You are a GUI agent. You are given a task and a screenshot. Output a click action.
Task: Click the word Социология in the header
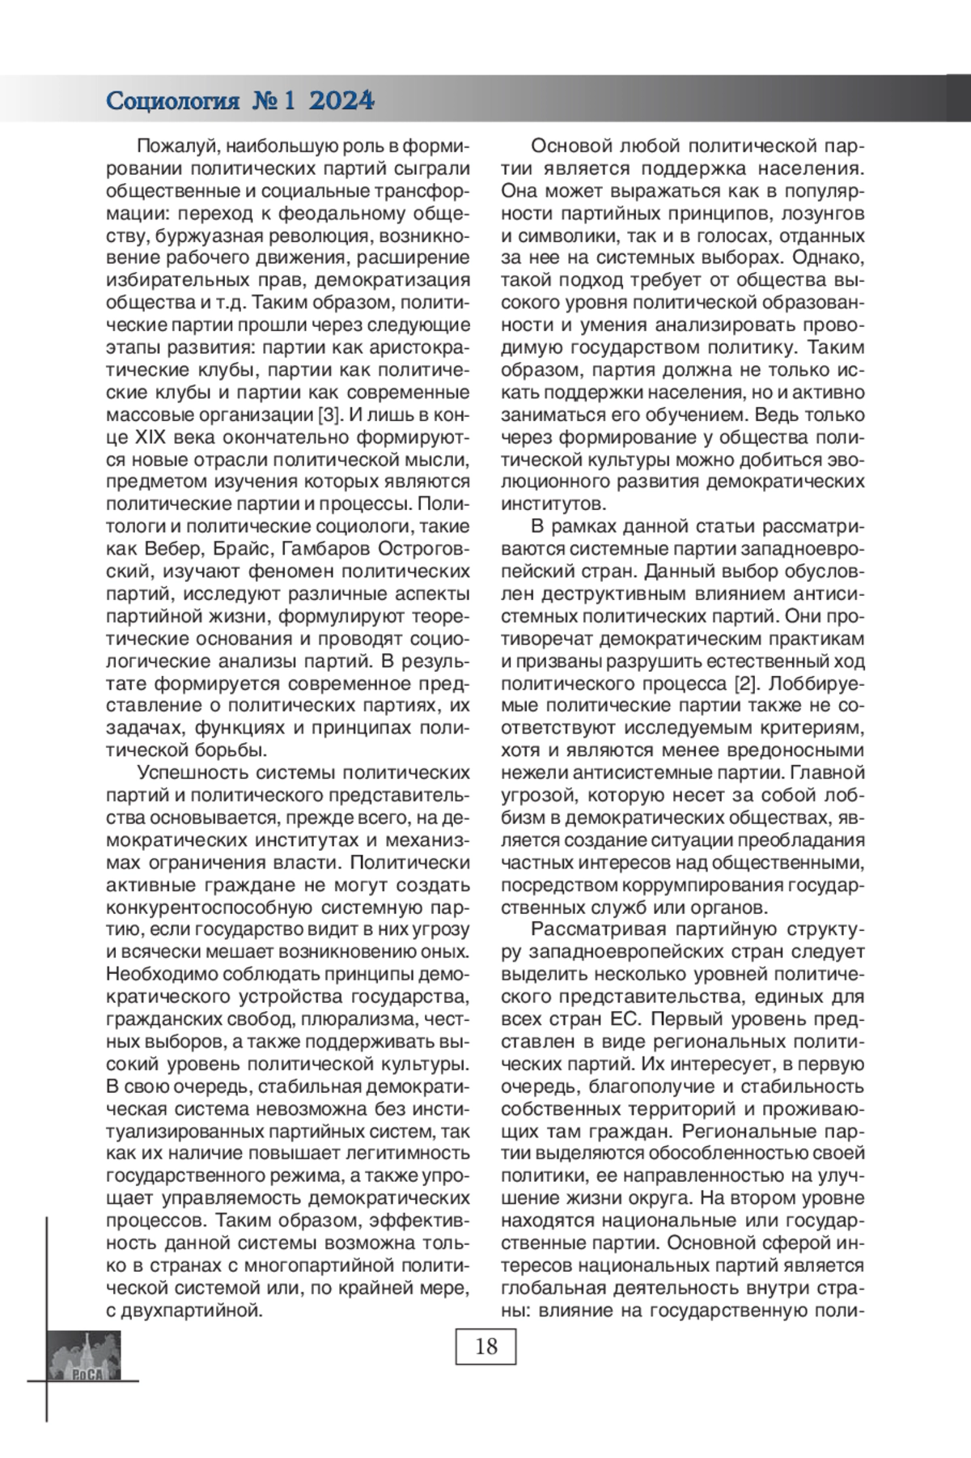pos(173,101)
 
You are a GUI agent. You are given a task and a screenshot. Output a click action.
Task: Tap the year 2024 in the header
pos(341,101)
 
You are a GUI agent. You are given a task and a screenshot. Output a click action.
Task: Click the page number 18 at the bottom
pos(485,1346)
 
